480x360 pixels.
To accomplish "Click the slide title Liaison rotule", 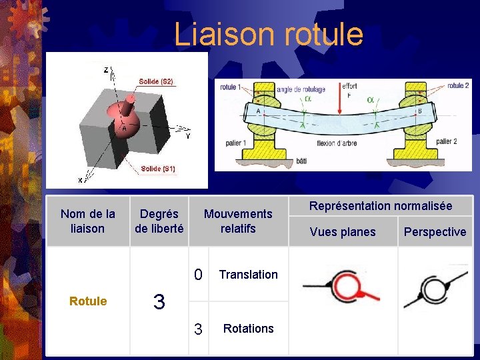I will (269, 35).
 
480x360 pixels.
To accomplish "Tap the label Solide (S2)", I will (156, 81).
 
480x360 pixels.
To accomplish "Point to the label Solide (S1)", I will (158, 169).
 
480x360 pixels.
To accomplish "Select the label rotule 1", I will (231, 87).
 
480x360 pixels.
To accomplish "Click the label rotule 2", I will (458, 86).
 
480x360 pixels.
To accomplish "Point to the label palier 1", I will (235, 143).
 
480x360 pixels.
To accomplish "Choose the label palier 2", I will (446, 141).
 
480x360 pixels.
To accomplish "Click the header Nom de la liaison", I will (87, 221).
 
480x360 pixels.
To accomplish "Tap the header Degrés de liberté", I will (159, 221).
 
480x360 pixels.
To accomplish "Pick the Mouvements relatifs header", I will (238, 221).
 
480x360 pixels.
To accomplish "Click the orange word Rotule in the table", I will (88, 301).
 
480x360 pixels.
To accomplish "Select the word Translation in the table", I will (248, 275).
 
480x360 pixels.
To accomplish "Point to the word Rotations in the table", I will (248, 329).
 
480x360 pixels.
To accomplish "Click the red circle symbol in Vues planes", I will (346, 287).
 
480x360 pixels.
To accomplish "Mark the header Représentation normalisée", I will (380, 206).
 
